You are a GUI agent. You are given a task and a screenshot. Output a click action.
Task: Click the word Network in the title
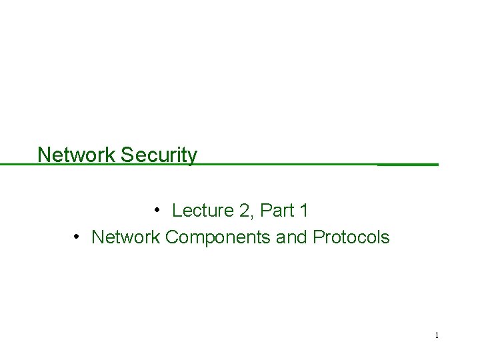point(77,155)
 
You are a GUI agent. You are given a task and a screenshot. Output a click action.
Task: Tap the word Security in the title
point(159,155)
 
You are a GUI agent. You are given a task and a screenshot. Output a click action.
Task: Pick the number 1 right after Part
point(304,211)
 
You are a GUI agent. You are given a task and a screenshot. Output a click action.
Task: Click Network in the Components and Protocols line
point(125,237)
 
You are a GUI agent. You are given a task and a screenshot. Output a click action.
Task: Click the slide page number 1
point(437,335)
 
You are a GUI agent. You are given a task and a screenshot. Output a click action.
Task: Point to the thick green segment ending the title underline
point(408,163)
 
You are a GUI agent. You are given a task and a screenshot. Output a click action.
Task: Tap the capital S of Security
point(127,155)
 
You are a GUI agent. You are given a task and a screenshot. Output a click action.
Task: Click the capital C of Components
point(171,237)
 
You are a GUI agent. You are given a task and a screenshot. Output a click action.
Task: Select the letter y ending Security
point(193,157)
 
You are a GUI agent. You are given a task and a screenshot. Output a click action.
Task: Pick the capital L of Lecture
point(177,211)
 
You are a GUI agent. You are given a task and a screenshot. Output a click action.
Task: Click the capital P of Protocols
point(317,237)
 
